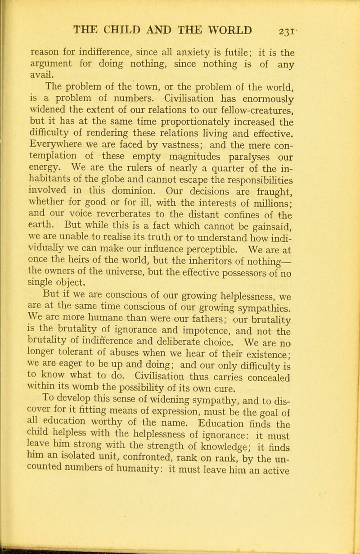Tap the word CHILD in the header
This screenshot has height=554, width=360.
119,12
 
